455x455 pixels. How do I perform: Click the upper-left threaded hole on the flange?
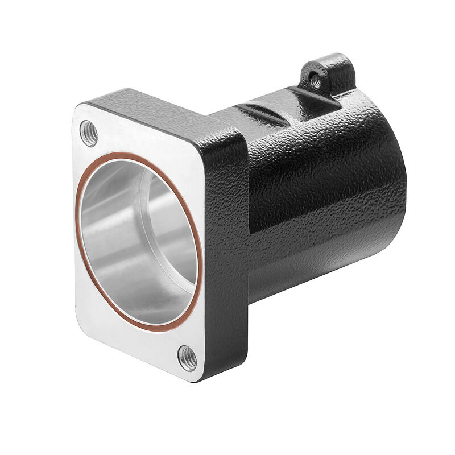(x=89, y=133)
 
